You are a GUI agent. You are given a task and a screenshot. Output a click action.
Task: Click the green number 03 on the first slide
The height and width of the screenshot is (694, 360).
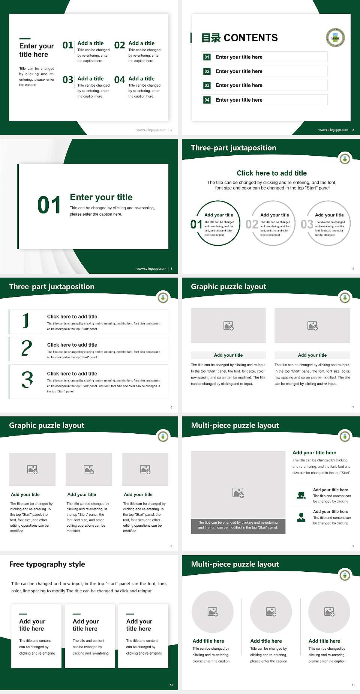tap(68, 80)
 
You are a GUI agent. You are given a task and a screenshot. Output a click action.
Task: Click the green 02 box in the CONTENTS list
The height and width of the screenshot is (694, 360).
tap(207, 71)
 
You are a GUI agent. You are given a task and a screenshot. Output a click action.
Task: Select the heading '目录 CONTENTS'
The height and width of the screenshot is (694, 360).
tap(239, 38)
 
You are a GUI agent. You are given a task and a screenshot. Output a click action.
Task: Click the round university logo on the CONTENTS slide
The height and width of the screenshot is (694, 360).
tap(335, 38)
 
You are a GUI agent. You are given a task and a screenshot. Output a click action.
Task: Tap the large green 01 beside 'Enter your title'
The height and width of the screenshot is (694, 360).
tap(49, 205)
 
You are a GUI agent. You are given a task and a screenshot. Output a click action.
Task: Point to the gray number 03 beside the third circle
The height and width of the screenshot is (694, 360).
tap(307, 224)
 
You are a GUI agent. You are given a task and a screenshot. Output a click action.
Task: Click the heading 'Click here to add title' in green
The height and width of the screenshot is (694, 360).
tap(271, 173)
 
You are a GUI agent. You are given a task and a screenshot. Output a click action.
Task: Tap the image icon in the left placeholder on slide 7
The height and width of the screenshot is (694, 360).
tap(228, 326)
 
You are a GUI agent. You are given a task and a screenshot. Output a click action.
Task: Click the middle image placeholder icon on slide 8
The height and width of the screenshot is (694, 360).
tap(89, 469)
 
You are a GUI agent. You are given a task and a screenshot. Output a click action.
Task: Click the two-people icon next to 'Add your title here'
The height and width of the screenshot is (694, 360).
tap(301, 495)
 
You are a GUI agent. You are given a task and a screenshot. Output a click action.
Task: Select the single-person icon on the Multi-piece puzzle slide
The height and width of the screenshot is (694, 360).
tap(301, 517)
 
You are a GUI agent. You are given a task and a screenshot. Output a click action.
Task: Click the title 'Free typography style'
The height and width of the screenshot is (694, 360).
tap(47, 564)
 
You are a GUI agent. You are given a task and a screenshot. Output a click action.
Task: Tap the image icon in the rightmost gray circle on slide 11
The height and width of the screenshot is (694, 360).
tap(329, 612)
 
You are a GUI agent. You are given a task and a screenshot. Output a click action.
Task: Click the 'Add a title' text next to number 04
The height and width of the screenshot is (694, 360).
tap(141, 78)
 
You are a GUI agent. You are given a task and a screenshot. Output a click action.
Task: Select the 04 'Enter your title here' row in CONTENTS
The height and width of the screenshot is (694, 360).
tap(264, 100)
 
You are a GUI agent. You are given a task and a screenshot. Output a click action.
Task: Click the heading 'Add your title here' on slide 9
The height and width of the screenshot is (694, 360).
tap(314, 453)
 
